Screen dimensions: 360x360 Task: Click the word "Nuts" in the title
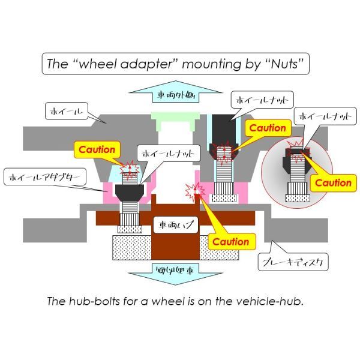[x=280, y=64]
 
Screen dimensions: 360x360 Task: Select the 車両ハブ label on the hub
[x=173, y=226]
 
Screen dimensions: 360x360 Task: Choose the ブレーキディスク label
[x=286, y=262]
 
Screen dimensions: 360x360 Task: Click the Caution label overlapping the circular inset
[x=334, y=182]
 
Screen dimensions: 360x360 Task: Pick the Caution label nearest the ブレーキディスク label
[x=231, y=241]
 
